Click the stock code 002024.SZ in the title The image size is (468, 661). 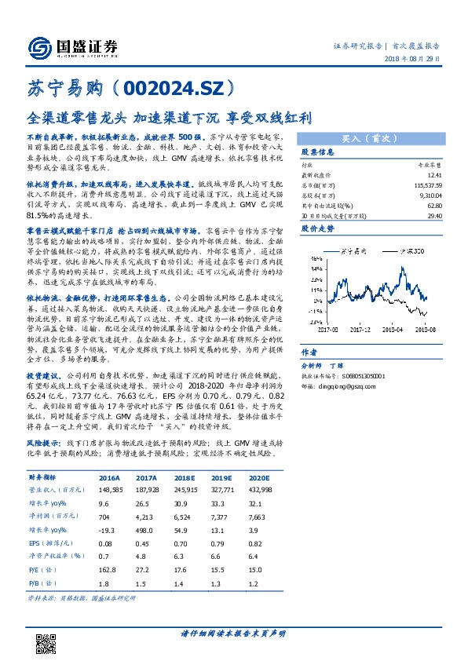(x=174, y=86)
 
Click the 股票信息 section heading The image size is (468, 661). (x=318, y=152)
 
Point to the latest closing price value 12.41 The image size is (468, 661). (x=425, y=176)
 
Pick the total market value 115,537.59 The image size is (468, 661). (x=419, y=184)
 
